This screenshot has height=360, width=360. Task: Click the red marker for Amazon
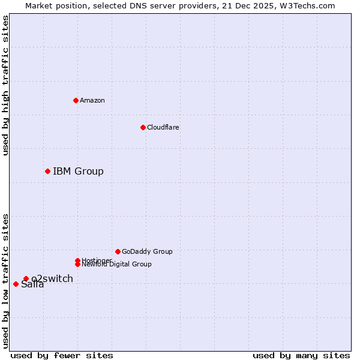point(76,100)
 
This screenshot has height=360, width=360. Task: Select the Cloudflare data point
point(143,127)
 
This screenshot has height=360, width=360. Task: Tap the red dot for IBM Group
point(47,172)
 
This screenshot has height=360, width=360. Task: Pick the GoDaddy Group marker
point(118,251)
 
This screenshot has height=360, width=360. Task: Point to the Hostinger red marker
point(77,260)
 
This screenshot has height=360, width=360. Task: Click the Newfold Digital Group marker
point(77,264)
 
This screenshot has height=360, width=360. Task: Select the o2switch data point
point(26,278)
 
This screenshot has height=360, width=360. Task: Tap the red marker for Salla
point(16,284)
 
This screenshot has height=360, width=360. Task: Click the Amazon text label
point(92,100)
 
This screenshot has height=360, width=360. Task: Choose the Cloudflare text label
point(163,127)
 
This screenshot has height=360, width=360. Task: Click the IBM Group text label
point(78,172)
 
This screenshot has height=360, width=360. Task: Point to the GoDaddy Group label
point(147,251)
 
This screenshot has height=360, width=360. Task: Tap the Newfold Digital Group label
point(117,265)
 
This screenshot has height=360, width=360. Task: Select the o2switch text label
point(53,278)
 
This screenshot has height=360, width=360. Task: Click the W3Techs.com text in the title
point(307,5)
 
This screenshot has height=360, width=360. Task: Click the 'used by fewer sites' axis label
point(62,355)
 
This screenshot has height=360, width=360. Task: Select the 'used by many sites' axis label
point(301,355)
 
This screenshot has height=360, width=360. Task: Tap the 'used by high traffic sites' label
point(5,86)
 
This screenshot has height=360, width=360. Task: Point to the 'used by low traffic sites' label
point(5,280)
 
